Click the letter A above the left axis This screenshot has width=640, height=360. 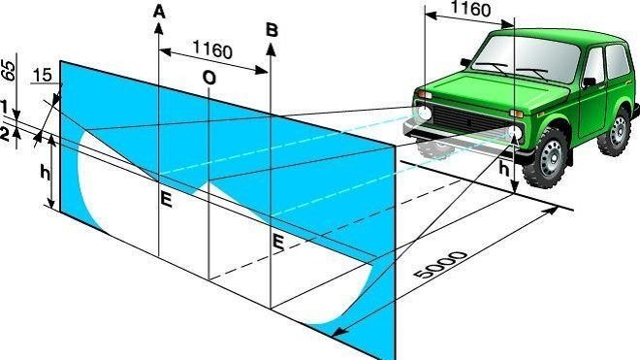tap(159, 12)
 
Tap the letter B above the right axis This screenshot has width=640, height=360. tap(272, 30)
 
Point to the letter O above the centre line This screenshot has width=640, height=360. tap(209, 78)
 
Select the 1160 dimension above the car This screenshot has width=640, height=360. tap(470, 8)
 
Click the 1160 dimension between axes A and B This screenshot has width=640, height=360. tap(211, 49)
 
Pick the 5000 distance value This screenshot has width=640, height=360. tap(439, 265)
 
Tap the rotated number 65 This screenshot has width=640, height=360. tap(9, 70)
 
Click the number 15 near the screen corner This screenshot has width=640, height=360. tap(42, 75)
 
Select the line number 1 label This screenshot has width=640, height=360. tap(4, 107)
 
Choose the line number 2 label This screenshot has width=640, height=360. tap(5, 135)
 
